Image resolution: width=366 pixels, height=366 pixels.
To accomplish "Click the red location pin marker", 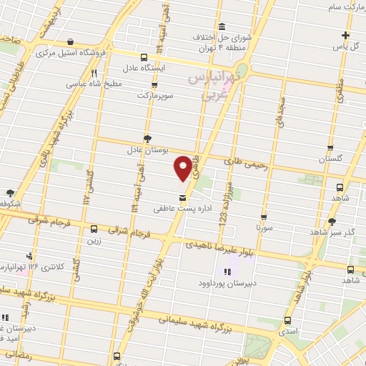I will coord(183,168).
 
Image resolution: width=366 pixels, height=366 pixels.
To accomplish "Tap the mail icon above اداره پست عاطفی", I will coord(182,197).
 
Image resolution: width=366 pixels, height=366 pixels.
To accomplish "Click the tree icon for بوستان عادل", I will coord(147,137).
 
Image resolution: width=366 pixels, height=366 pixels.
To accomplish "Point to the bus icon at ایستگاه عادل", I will coord(145,56).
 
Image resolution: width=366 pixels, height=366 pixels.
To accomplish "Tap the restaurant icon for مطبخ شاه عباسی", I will coord(94,73).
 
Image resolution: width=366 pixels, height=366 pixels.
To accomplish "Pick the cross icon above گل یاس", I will coord(345,35).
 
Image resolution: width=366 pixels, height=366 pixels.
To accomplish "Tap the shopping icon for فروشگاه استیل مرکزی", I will coord(69,42).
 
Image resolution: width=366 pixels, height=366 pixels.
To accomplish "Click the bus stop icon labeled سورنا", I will coord(264,217).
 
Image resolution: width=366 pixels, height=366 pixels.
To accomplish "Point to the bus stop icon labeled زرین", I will coord(94,229).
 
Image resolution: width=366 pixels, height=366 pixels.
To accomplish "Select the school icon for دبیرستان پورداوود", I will coord(227,271).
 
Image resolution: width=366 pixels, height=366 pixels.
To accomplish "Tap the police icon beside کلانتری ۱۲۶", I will coord(29,255).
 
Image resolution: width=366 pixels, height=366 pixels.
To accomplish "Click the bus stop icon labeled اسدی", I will coord(288,321).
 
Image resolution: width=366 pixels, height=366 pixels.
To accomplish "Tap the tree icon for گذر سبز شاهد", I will coord(332,221).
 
